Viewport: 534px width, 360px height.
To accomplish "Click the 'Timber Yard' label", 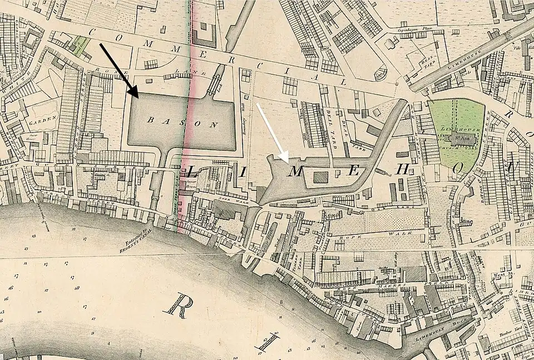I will click(509, 332).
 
